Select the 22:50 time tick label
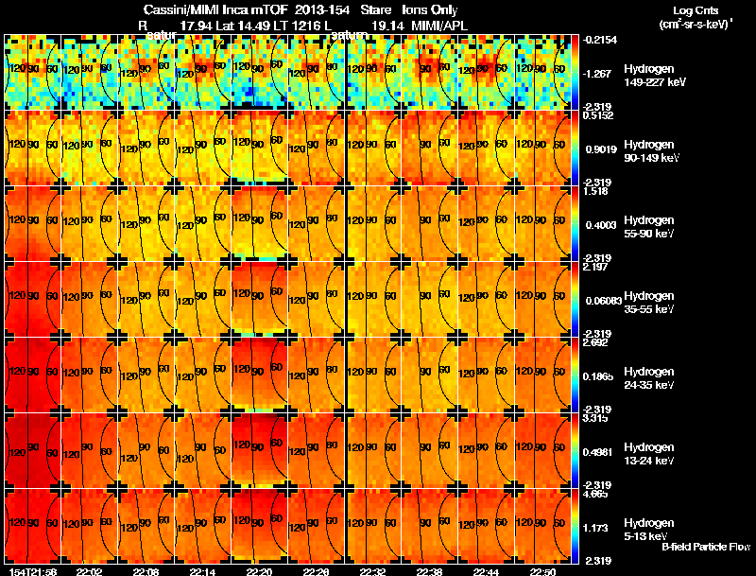tap(542, 571)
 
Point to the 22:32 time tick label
tap(373, 571)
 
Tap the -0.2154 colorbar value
tap(600, 41)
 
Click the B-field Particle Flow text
tap(705, 547)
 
